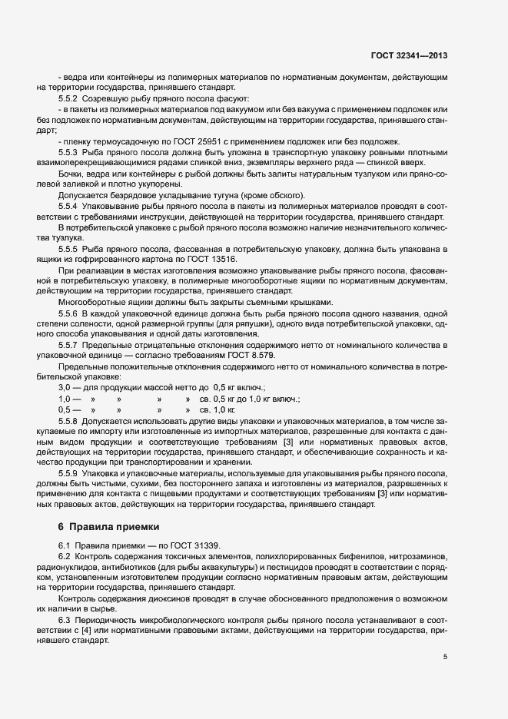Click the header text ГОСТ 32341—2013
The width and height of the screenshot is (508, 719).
click(415, 55)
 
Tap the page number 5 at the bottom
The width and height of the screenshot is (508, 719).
click(446, 658)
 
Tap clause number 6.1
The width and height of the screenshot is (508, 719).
click(65, 545)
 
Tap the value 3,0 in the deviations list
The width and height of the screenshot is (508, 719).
click(65, 389)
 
